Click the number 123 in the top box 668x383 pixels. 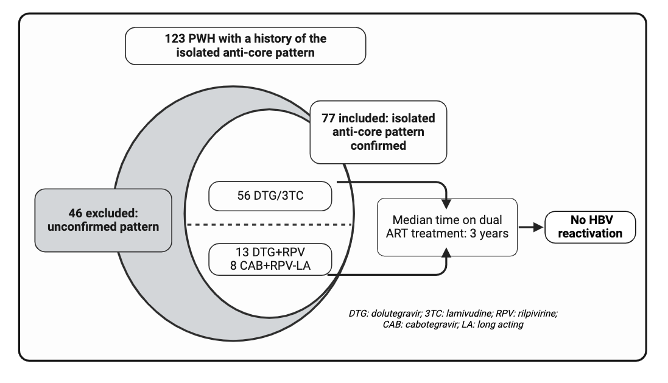pyautogui.click(x=175, y=39)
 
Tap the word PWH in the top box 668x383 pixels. pyautogui.click(x=202, y=39)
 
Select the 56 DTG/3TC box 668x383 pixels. pyautogui.click(x=270, y=196)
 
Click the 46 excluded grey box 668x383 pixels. pyautogui.click(x=103, y=220)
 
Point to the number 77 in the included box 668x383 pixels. pyautogui.click(x=328, y=119)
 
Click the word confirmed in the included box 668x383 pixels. pyautogui.click(x=378, y=146)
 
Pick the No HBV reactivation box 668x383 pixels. pyautogui.click(x=590, y=227)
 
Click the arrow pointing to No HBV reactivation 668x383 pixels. pyautogui.click(x=531, y=227)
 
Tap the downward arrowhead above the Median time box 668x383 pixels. pyautogui.click(x=446, y=203)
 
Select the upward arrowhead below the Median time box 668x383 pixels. pyautogui.click(x=446, y=253)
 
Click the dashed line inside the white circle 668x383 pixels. pyautogui.click(x=269, y=225)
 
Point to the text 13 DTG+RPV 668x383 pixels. pyautogui.click(x=270, y=252)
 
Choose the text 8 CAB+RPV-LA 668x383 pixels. pyautogui.click(x=270, y=266)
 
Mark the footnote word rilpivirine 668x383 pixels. pyautogui.click(x=538, y=314)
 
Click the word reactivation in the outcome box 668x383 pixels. pyautogui.click(x=590, y=233)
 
